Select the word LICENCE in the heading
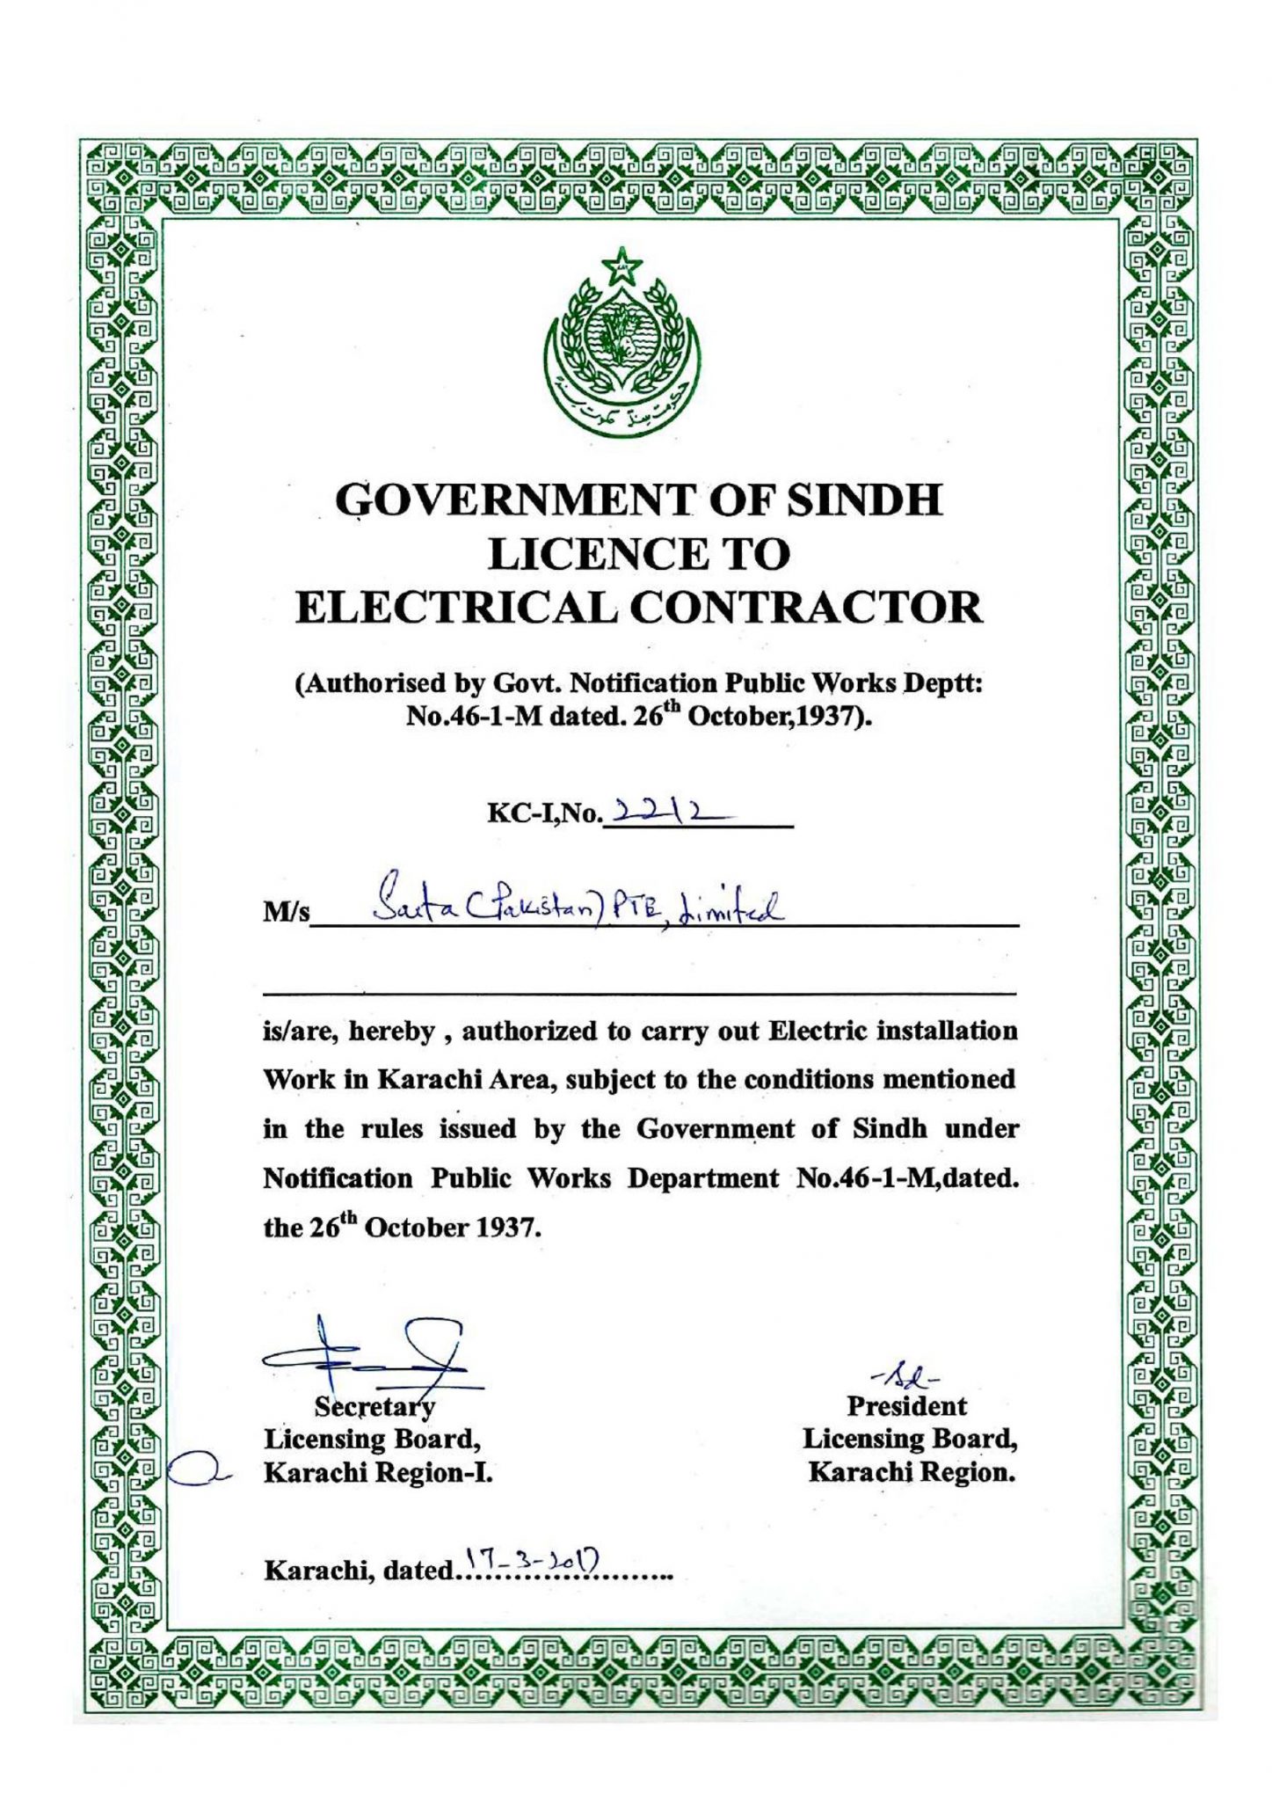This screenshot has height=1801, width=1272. click(x=590, y=554)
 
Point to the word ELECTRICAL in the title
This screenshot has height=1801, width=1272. click(x=454, y=608)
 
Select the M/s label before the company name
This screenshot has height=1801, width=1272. click(x=287, y=914)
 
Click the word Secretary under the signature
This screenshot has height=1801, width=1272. click(x=375, y=1407)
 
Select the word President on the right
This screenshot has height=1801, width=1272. click(x=906, y=1406)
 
